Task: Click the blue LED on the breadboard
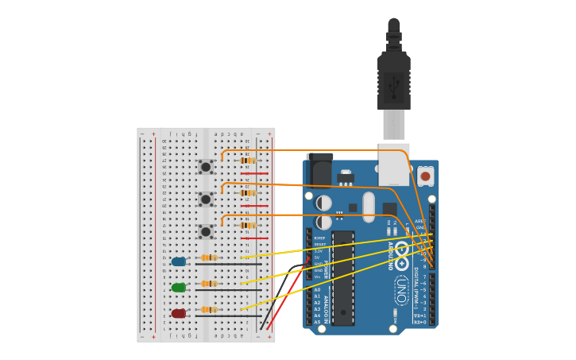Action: (x=179, y=261)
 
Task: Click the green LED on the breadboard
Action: (x=179, y=288)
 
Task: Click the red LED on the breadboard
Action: (x=179, y=314)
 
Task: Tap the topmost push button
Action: (x=206, y=167)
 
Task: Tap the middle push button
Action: (x=206, y=199)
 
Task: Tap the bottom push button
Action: (x=206, y=232)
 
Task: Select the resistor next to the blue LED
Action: (x=209, y=257)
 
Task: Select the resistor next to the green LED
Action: (x=209, y=284)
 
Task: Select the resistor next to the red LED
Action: (x=209, y=310)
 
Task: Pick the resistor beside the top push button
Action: (x=247, y=161)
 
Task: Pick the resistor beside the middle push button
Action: (x=247, y=193)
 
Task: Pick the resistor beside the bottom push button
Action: (x=247, y=226)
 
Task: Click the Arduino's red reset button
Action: (x=425, y=176)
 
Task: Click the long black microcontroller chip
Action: (x=343, y=278)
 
